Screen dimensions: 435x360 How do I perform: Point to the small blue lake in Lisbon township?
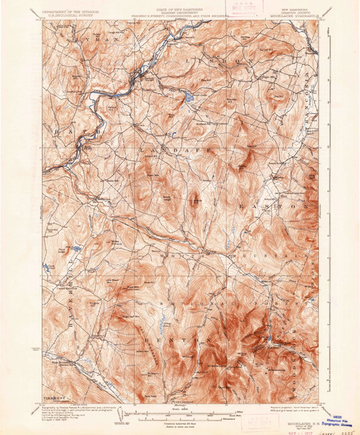pyautogui.click(x=188, y=96)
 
